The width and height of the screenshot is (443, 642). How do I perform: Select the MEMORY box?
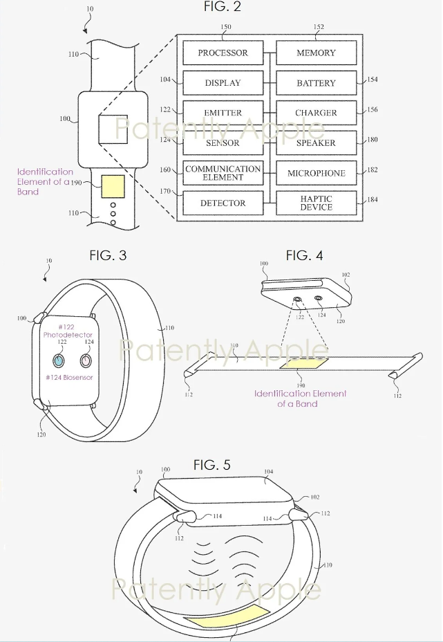point(316,53)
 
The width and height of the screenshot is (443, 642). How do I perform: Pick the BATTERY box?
point(316,83)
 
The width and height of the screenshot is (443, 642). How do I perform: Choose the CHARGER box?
point(316,113)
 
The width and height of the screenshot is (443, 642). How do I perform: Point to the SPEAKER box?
point(316,143)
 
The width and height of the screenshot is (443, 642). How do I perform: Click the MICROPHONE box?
point(316,173)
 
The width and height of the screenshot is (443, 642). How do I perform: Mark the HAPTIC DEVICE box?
point(316,203)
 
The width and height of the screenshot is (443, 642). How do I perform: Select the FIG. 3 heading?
point(108,255)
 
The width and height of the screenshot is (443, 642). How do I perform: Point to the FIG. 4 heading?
point(304,255)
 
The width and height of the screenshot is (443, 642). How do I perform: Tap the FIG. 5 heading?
point(211,465)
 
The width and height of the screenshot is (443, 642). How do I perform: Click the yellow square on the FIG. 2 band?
point(113,187)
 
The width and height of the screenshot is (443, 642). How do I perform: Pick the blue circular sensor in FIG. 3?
point(59,360)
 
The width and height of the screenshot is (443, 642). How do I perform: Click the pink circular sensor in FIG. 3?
point(86,360)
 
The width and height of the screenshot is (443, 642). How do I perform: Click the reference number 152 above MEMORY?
point(318,28)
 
